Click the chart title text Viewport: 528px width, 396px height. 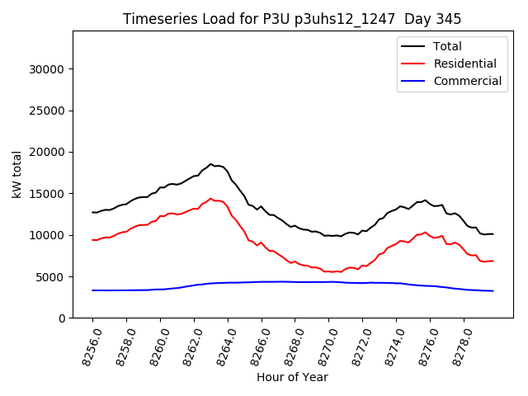point(292,19)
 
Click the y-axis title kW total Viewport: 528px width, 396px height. point(16,174)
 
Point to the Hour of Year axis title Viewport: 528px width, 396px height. point(292,377)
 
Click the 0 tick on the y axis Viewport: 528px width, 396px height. point(63,318)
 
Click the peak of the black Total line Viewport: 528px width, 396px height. point(210,164)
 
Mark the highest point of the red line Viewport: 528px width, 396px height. point(210,198)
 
